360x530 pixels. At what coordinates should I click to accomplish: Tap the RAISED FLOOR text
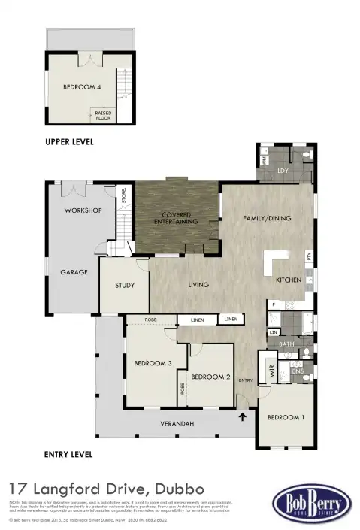[103, 116]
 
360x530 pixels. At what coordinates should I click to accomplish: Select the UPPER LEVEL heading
[69, 142]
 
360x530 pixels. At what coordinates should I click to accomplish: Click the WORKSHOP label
[83, 210]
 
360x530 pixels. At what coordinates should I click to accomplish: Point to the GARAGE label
[74, 272]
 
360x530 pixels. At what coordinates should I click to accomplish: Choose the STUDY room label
[125, 286]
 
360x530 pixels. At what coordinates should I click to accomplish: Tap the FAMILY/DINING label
[266, 219]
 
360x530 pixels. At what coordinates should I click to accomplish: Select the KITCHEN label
[288, 280]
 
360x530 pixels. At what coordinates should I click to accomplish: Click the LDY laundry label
[283, 171]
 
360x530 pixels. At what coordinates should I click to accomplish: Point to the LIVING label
[198, 285]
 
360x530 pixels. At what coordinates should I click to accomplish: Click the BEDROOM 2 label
[210, 377]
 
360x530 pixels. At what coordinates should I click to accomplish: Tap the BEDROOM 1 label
[286, 417]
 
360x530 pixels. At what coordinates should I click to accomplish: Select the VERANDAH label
[177, 424]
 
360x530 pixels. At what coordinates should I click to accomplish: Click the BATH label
[286, 344]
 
